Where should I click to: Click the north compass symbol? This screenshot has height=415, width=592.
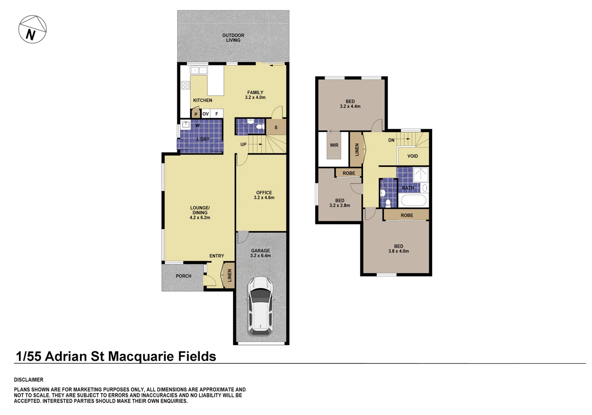pos(32,30)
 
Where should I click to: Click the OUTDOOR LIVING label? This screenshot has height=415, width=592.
pos(233,38)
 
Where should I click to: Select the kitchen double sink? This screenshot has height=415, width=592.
pos(199,70)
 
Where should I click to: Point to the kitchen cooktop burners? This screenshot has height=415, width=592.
pos(186,85)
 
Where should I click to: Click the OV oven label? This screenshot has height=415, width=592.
pos(206,114)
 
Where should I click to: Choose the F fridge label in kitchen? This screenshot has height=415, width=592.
pos(217,114)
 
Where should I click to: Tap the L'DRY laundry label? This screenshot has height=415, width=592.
pos(203,139)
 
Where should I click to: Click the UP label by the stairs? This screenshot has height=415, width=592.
pos(243,145)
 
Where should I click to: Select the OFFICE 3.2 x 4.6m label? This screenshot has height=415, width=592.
pos(264,195)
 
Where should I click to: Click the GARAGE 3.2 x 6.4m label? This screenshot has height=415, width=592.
pos(260,253)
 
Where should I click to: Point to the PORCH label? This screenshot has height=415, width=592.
pos(183,276)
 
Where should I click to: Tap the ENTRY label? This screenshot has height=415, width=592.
pos(217,256)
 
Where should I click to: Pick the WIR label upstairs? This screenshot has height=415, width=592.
pos(334,145)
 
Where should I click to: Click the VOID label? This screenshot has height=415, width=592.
pos(413,156)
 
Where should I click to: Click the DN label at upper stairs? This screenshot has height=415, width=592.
pos(391,140)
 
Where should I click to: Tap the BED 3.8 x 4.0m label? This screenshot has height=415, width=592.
pos(398,249)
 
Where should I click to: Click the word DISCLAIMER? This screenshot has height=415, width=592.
pos(29,380)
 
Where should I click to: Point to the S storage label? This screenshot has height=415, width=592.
pos(276,128)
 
